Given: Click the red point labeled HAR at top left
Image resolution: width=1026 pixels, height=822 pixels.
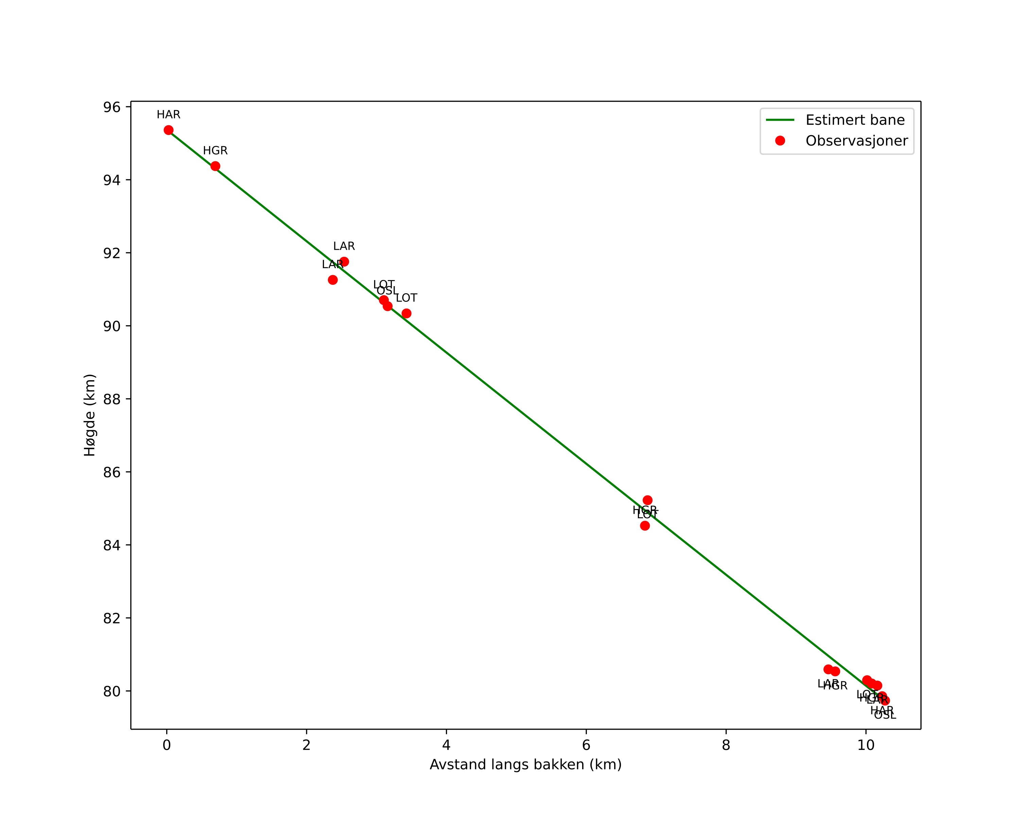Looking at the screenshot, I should click(169, 130).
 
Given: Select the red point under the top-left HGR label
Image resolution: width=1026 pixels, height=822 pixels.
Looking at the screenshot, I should click(215, 166).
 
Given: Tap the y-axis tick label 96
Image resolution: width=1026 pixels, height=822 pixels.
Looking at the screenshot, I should click(112, 107).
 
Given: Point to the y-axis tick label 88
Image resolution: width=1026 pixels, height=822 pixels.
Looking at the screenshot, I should click(112, 399).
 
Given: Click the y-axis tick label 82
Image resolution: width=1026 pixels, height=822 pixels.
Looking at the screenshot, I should click(112, 618).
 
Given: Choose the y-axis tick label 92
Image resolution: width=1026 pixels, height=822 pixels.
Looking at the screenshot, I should click(112, 253).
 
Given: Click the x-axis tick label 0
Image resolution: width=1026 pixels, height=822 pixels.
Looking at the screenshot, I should click(167, 745).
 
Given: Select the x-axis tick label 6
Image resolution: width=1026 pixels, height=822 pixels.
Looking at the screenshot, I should click(586, 745).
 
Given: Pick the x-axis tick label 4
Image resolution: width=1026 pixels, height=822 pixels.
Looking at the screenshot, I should click(446, 745).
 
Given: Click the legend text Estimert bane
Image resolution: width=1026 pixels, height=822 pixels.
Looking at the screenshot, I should click(855, 120).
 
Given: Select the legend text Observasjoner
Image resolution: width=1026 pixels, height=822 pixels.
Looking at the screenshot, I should click(857, 141).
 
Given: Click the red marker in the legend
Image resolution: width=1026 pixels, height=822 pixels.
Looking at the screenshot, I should click(780, 141).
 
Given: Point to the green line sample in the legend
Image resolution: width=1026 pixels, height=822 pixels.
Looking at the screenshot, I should click(780, 120).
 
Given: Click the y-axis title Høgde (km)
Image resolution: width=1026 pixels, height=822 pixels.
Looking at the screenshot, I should click(90, 415).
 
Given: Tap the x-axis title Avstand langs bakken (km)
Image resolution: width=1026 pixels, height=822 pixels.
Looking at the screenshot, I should click(525, 765).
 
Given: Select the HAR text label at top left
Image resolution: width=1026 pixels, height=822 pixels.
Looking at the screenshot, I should click(169, 115).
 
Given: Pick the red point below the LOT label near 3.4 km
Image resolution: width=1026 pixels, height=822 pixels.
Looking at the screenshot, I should click(406, 314).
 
